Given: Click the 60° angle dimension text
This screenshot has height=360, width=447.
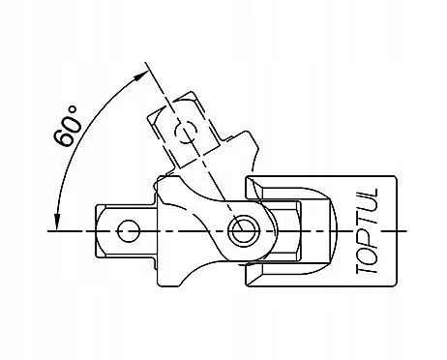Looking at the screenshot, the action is click(67, 126).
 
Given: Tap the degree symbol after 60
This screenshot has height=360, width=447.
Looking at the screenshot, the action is click(74, 109).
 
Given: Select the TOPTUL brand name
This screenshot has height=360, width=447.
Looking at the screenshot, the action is click(367, 231).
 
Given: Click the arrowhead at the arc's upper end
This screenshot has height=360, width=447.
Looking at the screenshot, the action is click(140, 76).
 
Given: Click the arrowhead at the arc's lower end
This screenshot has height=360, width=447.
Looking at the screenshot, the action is click(57, 223).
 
